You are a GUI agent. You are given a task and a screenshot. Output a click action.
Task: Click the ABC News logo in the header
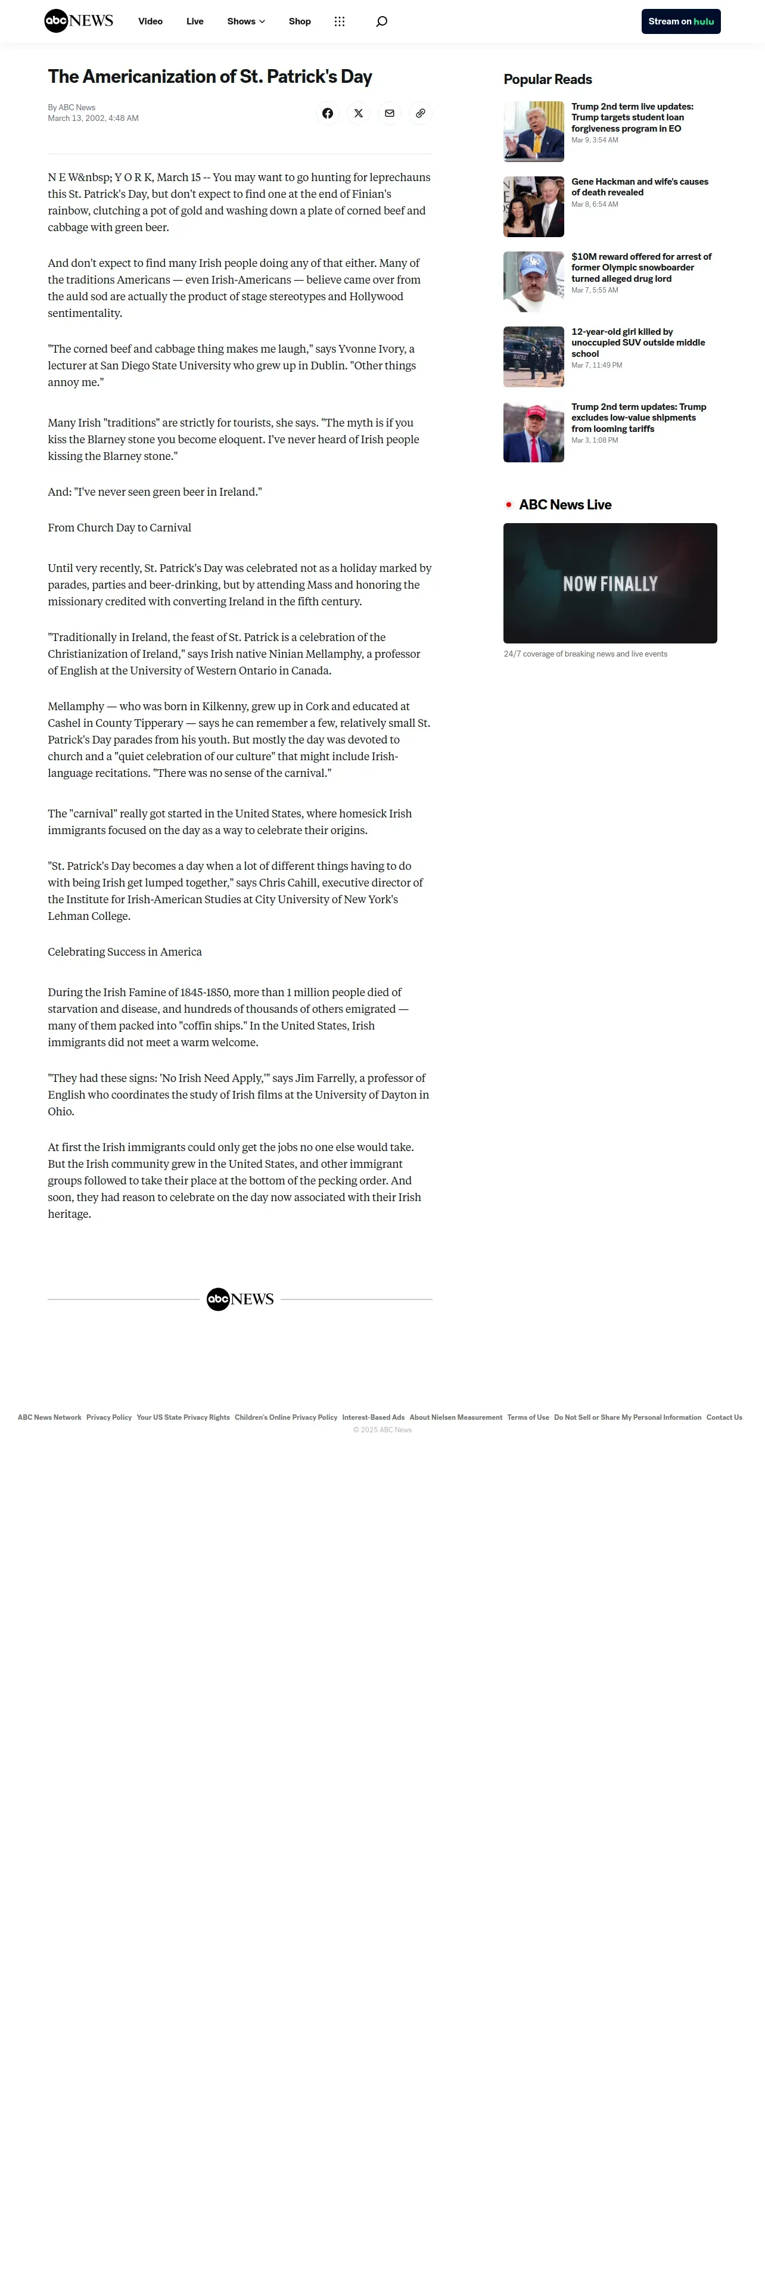tap(79, 21)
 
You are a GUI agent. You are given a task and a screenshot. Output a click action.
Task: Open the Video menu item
tap(151, 21)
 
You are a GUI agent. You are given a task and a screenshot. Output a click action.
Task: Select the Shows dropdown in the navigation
tap(246, 21)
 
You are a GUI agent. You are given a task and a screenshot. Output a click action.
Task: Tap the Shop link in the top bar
tap(299, 21)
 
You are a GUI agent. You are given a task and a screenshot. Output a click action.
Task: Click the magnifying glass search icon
tap(381, 21)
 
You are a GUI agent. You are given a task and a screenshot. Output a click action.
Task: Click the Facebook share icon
tap(328, 113)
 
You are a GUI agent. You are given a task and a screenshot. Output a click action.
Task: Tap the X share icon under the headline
tap(358, 113)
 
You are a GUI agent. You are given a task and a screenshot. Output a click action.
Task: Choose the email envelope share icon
tap(389, 113)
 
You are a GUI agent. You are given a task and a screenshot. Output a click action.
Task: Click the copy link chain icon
tap(421, 113)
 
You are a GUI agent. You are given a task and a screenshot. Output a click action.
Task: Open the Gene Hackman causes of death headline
tap(639, 186)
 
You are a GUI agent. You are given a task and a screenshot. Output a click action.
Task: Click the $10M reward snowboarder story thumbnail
tap(533, 282)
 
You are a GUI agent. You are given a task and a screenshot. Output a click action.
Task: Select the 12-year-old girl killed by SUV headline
tap(637, 342)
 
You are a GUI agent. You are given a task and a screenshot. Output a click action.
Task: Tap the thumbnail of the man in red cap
tap(533, 432)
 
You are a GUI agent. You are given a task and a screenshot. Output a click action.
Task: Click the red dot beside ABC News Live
tap(509, 504)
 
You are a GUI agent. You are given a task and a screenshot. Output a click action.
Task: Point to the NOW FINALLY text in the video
tap(610, 583)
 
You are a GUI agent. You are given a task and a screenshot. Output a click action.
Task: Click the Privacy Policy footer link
tap(108, 1417)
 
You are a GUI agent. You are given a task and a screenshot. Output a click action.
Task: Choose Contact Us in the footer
tap(724, 1417)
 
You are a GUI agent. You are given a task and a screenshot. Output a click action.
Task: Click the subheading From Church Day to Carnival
tap(119, 527)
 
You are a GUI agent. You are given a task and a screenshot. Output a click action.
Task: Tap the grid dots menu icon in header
tap(340, 21)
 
